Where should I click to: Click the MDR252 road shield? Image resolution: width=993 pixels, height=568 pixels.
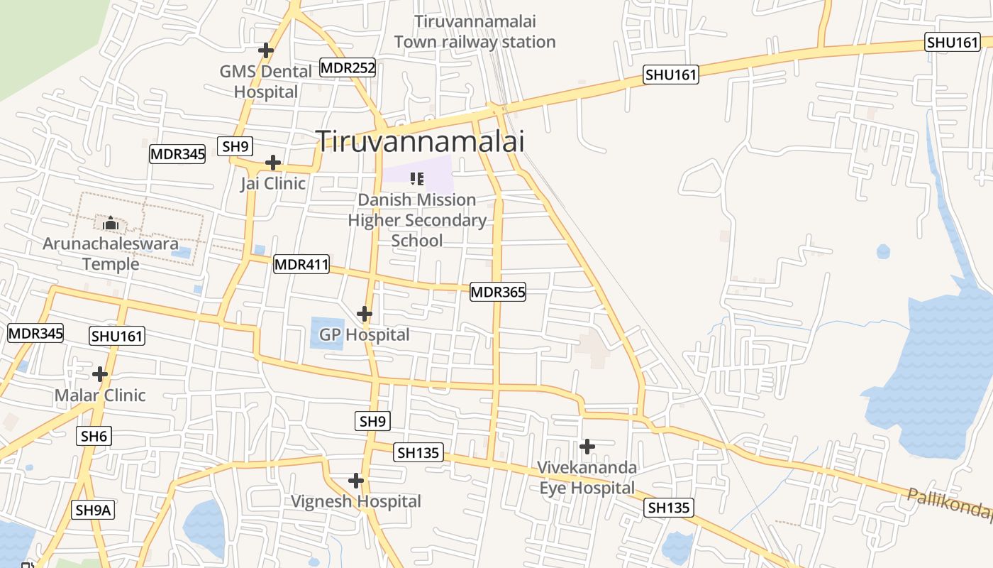[x=348, y=68]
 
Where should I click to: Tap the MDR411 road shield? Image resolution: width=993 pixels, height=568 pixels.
[x=301, y=265]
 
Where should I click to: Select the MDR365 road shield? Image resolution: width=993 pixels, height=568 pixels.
[x=498, y=292]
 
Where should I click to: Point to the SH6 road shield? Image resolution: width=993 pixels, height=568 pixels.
[x=94, y=436]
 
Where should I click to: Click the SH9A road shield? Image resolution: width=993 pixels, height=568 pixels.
[x=94, y=509]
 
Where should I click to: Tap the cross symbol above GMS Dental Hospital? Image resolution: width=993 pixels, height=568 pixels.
[x=266, y=50]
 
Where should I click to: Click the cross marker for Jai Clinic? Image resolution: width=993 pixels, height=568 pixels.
[x=273, y=163]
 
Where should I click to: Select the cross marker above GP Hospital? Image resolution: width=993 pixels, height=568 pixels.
[x=365, y=313]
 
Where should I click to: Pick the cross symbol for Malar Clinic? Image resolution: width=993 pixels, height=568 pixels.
[x=100, y=374]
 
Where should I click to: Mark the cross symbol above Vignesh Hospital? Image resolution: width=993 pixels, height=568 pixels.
[x=356, y=481]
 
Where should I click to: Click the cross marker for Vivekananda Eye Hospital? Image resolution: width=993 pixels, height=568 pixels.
[x=587, y=447]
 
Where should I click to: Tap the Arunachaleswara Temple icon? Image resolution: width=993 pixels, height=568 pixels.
[x=111, y=224]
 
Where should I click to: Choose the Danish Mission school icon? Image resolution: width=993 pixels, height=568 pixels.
[x=417, y=178]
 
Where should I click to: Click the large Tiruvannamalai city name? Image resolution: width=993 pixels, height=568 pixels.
[x=420, y=141]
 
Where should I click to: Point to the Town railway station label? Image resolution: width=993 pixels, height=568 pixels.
[x=475, y=32]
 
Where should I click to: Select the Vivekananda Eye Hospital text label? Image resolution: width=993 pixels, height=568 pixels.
[x=587, y=478]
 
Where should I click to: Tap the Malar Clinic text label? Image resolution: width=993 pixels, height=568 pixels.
[x=100, y=395]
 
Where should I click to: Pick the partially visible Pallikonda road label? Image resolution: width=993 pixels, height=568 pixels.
[x=950, y=503]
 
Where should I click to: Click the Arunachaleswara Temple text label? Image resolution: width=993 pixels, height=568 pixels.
[x=111, y=253]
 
